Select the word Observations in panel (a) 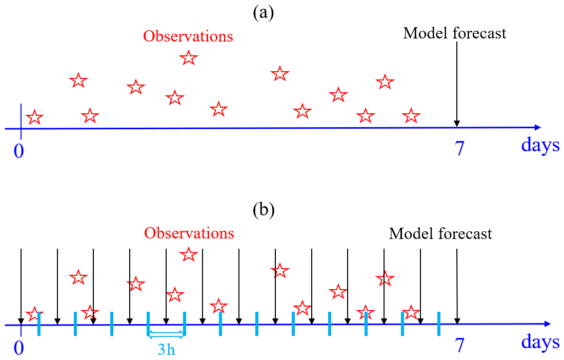click(x=188, y=37)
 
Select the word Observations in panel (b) click(x=189, y=233)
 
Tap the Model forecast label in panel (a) click(x=455, y=33)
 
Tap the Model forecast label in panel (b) click(x=440, y=234)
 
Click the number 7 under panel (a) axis click(x=460, y=148)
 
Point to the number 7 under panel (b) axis click(x=460, y=345)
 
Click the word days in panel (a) click(x=540, y=145)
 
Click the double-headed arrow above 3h click(x=166, y=335)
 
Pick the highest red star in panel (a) click(x=189, y=57)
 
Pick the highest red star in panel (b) click(x=189, y=254)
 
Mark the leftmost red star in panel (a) click(x=34, y=117)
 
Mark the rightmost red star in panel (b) click(x=411, y=312)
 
